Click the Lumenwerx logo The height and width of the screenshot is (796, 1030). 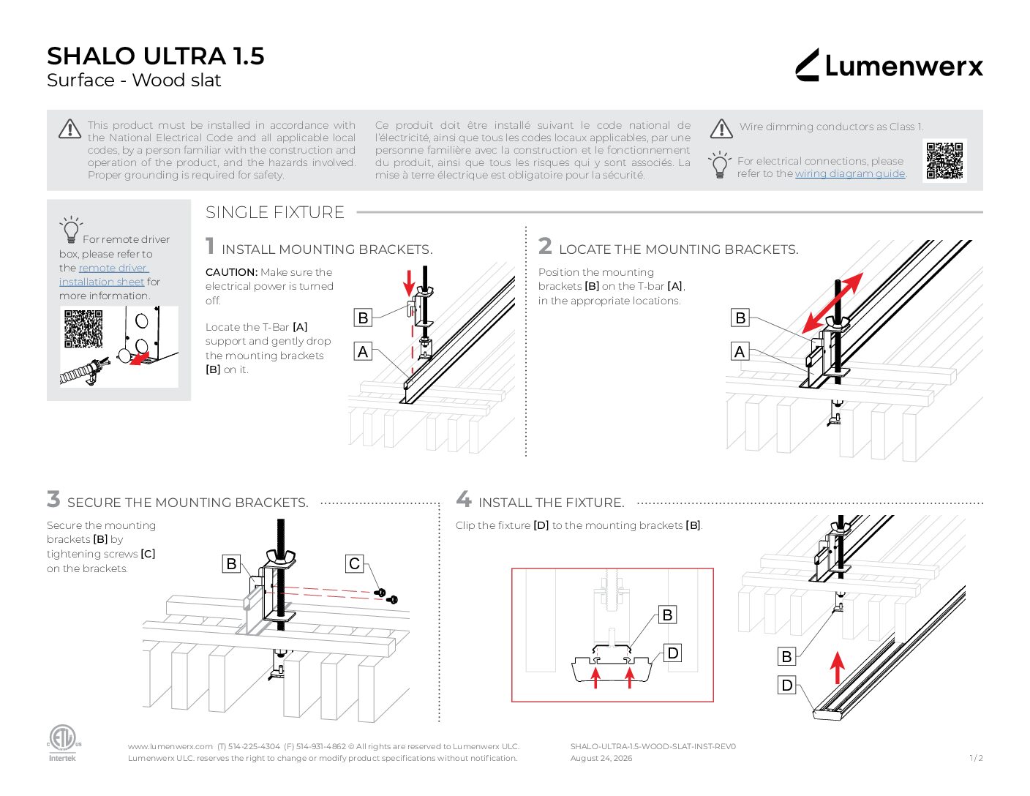(x=889, y=65)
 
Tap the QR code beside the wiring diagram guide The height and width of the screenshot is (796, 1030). (x=944, y=161)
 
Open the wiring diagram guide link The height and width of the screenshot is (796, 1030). (x=850, y=173)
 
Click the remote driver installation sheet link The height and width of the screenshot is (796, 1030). (x=105, y=274)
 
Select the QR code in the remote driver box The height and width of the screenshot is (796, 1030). (x=83, y=329)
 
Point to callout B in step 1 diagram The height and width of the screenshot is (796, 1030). (x=363, y=318)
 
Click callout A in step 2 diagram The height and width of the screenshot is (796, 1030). (x=740, y=352)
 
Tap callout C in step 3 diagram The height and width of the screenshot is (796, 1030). (x=354, y=563)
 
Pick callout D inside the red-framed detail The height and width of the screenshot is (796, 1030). (x=672, y=653)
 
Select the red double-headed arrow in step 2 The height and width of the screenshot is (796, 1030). (x=832, y=303)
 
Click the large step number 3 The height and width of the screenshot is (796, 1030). (x=53, y=499)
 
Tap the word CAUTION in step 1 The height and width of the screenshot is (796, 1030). (x=231, y=272)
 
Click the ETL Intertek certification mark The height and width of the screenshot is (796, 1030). (x=63, y=743)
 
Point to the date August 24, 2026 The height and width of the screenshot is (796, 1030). (x=601, y=758)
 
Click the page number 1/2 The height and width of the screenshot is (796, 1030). (x=976, y=758)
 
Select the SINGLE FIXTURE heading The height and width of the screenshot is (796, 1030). (x=274, y=212)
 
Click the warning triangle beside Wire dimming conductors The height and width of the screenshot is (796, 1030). (x=721, y=129)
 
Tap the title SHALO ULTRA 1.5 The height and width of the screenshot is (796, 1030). (x=156, y=56)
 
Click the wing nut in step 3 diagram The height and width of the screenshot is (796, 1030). (x=281, y=557)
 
